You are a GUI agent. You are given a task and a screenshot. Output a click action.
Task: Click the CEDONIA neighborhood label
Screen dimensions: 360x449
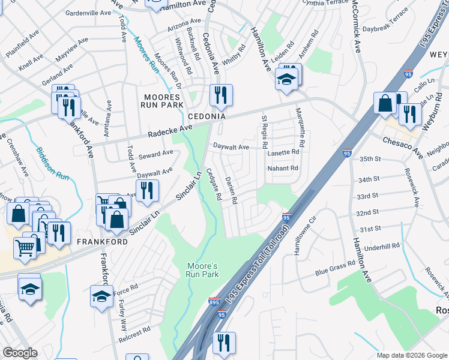[206, 116]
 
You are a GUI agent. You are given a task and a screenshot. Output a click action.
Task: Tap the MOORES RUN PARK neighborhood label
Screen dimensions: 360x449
[162, 101]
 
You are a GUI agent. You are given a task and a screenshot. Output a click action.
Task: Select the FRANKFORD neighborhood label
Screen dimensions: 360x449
[102, 241]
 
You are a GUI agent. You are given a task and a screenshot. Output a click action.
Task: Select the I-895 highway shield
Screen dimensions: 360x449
[214, 302]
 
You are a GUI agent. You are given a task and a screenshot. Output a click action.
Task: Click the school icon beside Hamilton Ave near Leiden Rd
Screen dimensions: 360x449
[287, 79]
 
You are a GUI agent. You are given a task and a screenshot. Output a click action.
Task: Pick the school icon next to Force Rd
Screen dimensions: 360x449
[101, 296]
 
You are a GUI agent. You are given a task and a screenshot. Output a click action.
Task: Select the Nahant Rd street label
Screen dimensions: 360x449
[282, 169]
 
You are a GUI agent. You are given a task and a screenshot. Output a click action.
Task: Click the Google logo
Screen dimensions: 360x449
[20, 353]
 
